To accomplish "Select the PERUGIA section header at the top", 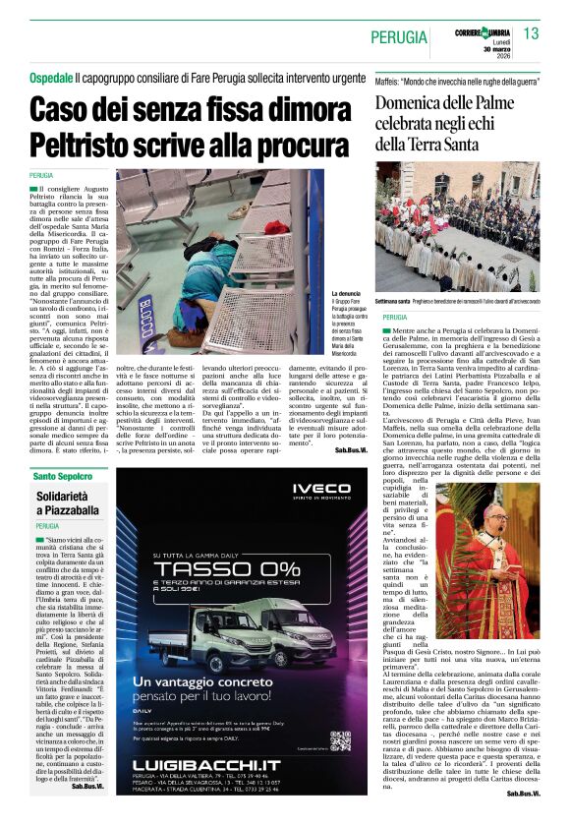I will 400,37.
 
